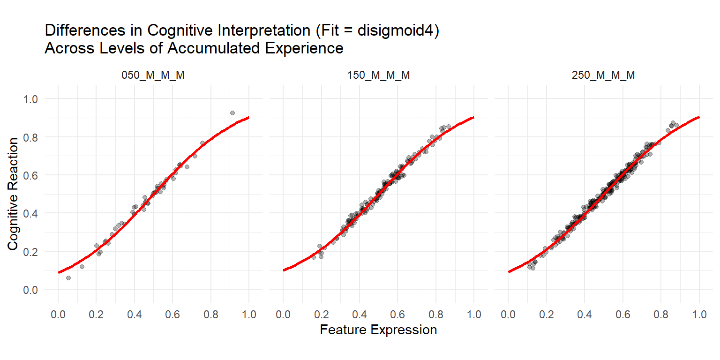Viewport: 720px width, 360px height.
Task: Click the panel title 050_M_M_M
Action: click(153, 75)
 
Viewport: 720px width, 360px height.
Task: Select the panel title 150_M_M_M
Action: click(378, 75)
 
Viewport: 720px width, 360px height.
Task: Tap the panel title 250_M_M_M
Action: click(603, 75)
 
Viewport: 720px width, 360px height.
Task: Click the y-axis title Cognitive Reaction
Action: click(14, 194)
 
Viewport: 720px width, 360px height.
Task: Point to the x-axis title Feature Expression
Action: click(378, 330)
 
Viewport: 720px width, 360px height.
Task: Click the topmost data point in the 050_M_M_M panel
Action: click(232, 113)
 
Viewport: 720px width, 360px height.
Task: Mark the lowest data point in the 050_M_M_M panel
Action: click(68, 278)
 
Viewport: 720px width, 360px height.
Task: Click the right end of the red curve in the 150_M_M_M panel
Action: click(473, 118)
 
